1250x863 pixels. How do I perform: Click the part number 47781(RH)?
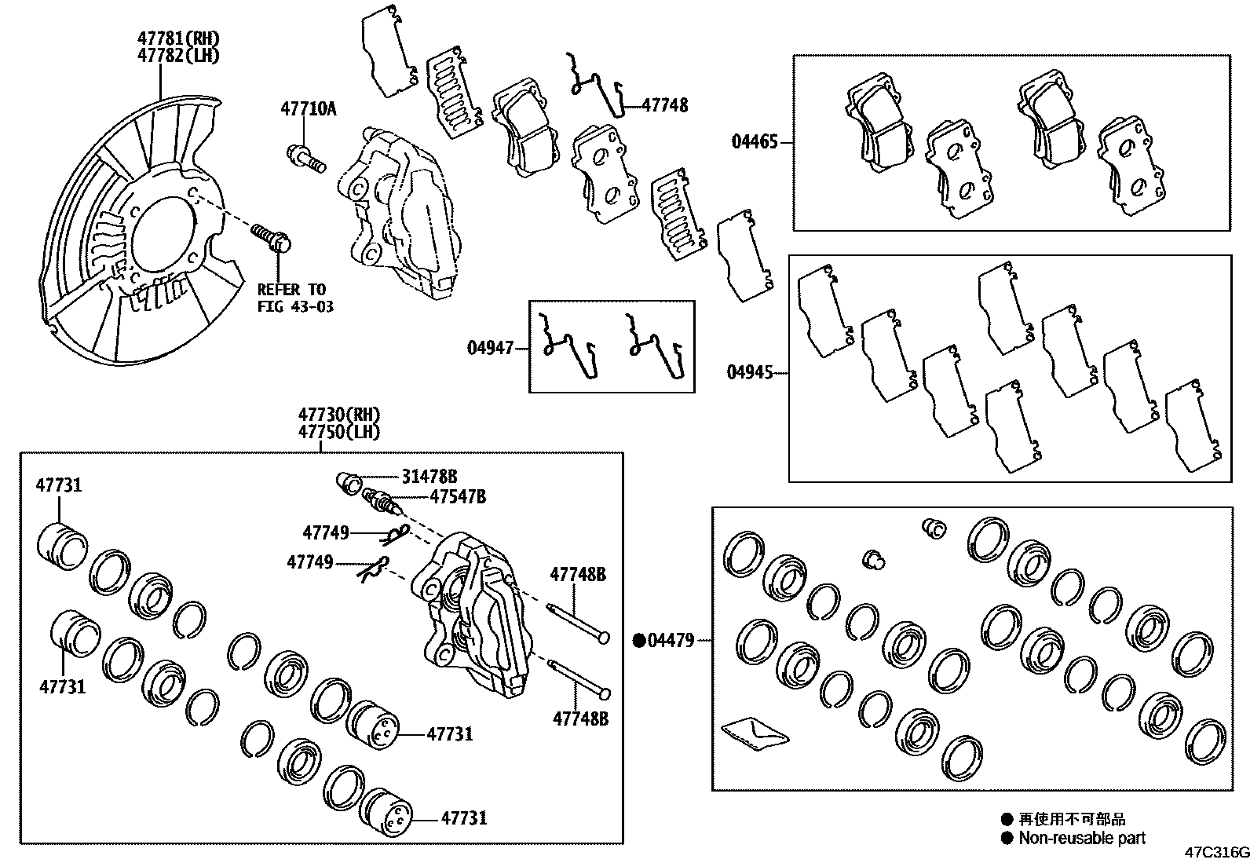(177, 38)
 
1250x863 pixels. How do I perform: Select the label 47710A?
(308, 108)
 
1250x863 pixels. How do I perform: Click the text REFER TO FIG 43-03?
(295, 298)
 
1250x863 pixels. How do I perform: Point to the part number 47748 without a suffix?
(664, 105)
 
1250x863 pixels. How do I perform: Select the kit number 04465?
(755, 142)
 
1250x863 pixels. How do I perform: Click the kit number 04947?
(490, 346)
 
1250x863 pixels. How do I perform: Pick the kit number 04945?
(749, 372)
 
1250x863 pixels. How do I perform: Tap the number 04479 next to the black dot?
(671, 641)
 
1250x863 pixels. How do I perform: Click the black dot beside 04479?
(639, 641)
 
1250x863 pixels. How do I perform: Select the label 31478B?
(429, 476)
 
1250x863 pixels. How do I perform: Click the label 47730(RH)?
(338, 415)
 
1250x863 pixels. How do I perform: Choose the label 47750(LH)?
(338, 431)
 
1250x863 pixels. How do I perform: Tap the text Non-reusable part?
(1082, 838)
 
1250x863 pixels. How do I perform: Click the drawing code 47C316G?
(1216, 852)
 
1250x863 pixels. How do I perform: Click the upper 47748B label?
(578, 574)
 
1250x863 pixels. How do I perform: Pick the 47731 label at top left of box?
(58, 485)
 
